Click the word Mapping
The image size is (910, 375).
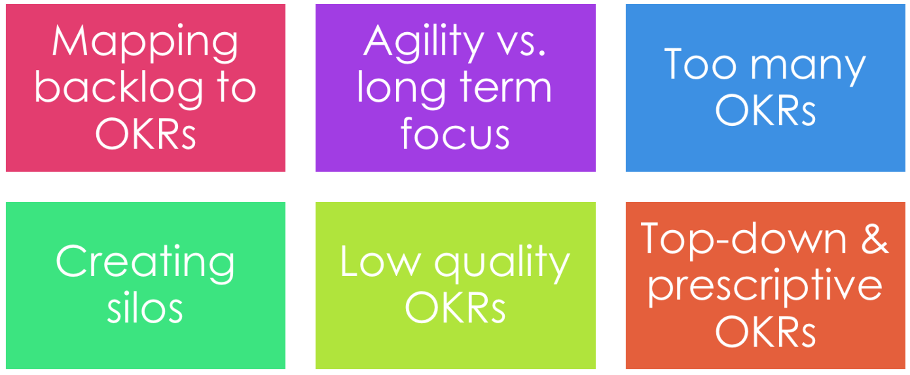145,43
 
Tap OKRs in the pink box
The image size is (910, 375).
146,134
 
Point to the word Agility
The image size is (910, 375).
424,43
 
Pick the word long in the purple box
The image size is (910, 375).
401,88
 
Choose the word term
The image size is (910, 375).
506,88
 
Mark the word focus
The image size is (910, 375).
455,134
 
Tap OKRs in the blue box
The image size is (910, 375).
765,110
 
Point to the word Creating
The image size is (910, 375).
145,263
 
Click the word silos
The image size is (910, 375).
145,309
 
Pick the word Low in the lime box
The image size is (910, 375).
381,262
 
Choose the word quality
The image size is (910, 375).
502,263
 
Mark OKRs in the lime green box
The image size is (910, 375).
455,308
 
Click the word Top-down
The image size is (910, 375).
744,240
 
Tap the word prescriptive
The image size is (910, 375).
765,286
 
